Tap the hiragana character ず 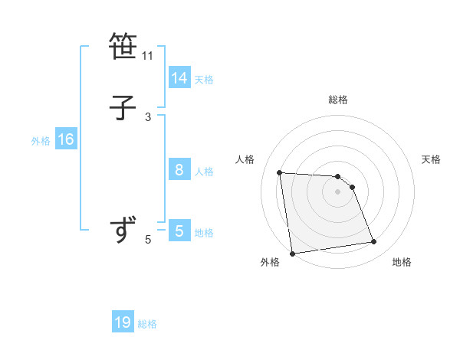pos(123,230)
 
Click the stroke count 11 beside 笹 pos(148,56)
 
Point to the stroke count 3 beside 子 pos(148,116)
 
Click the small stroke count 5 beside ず pos(148,240)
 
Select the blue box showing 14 pos(179,78)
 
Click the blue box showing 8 pos(179,170)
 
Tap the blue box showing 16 pos(66,139)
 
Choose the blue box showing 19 pos(123,322)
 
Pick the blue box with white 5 pos(179,231)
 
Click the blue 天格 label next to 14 pos(204,80)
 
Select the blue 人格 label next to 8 pos(204,172)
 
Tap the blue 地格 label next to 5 pos(204,233)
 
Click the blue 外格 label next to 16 pos(41,141)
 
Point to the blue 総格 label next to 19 pos(147,324)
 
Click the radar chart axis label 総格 pos(338,100)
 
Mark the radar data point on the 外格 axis pos(291,253)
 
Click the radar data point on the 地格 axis pos(374,242)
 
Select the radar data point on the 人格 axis pos(279,172)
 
